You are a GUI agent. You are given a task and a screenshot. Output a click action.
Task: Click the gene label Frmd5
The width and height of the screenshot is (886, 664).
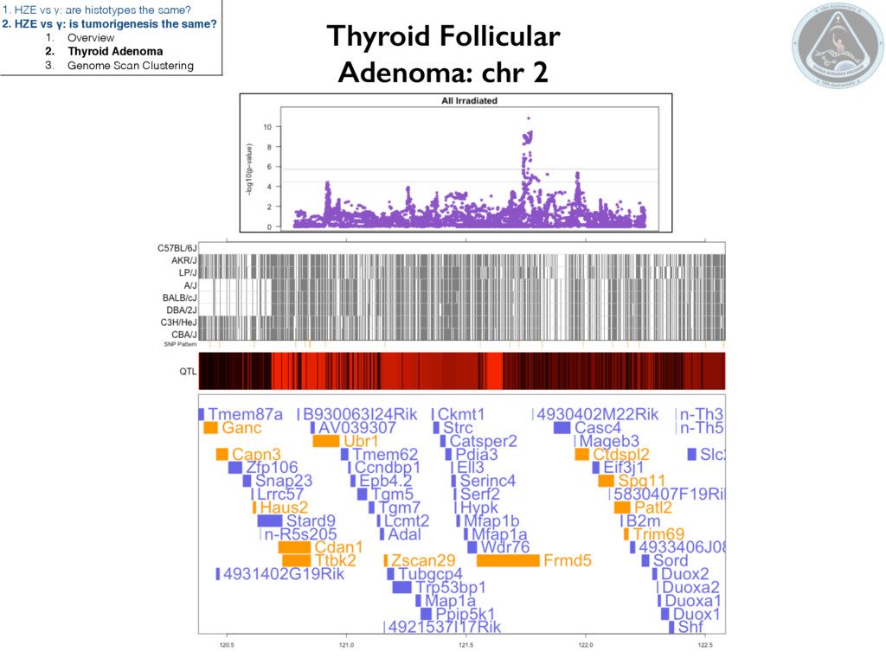pos(568,560)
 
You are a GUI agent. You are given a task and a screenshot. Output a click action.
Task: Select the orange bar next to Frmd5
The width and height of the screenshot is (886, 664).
pos(508,560)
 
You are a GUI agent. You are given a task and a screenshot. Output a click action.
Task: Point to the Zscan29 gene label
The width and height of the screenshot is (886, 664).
pos(423,560)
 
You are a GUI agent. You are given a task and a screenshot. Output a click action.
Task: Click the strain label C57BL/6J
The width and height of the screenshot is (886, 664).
pos(177,248)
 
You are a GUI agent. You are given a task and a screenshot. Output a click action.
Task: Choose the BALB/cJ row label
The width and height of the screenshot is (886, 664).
pos(179,297)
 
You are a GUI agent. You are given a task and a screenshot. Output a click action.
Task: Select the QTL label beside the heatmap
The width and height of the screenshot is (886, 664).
pos(188,372)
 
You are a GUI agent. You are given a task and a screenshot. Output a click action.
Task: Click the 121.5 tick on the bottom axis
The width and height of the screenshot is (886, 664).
pos(465,644)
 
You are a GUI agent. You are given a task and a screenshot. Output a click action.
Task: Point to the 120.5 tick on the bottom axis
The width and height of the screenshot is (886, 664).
pos(228,644)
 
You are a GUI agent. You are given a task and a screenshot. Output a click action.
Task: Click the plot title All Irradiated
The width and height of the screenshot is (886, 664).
pos(469,101)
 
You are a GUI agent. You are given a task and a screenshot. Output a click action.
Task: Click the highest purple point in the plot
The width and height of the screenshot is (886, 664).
pos(529,118)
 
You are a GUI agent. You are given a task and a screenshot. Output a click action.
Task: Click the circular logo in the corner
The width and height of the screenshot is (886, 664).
pos(831,42)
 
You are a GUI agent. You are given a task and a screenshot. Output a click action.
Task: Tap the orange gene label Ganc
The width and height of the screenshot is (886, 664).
pos(241,427)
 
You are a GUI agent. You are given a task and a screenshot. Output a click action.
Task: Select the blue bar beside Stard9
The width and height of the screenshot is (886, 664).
pos(269,520)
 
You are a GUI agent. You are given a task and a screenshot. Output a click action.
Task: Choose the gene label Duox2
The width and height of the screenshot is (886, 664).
pos(685,573)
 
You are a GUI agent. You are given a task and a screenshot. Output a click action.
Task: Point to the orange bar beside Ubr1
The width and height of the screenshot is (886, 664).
pos(325,441)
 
